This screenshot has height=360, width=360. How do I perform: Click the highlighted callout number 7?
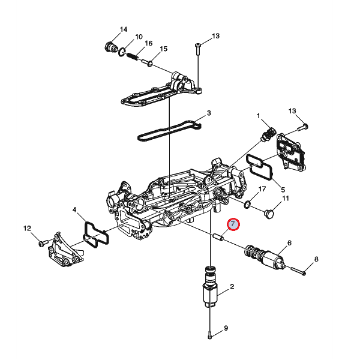(x=233, y=224)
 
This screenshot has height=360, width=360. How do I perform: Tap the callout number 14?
(x=124, y=29)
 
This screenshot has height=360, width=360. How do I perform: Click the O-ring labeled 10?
(x=122, y=52)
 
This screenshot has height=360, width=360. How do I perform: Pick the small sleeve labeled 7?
(x=218, y=237)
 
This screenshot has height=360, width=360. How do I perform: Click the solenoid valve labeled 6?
(x=265, y=257)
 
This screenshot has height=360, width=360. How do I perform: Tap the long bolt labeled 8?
(x=299, y=271)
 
